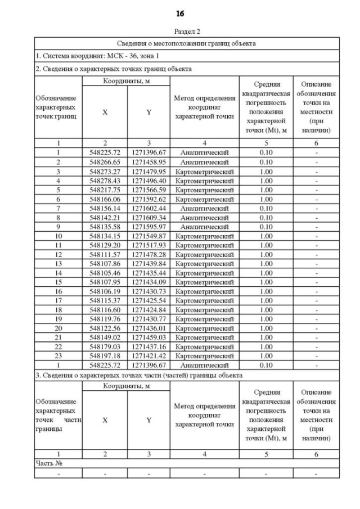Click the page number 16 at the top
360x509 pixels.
click(x=180, y=13)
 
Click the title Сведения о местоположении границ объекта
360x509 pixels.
click(x=187, y=43)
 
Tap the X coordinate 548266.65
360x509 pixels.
click(x=105, y=162)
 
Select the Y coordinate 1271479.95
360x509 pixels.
click(x=148, y=171)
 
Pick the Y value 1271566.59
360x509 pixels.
click(x=148, y=190)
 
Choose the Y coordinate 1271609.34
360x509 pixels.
click(x=148, y=217)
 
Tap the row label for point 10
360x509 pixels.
click(x=58, y=236)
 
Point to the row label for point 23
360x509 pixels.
click(x=58, y=355)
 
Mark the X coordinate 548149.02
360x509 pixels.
click(x=105, y=337)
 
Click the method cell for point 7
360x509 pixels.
click(x=204, y=208)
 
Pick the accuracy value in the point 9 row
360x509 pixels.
click(x=265, y=227)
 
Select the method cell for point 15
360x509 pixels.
click(x=204, y=282)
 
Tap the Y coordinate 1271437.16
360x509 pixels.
click(x=148, y=346)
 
